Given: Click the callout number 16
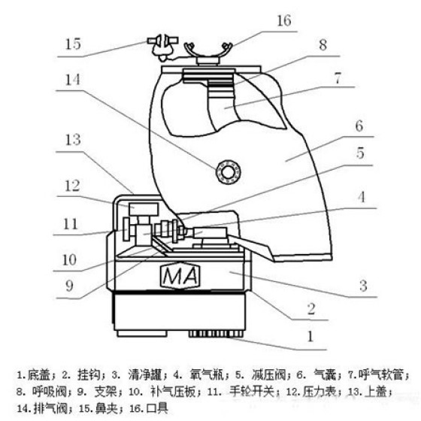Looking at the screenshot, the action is click(x=284, y=21).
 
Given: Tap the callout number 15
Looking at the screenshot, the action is click(x=73, y=44).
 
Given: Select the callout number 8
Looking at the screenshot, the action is click(x=323, y=45).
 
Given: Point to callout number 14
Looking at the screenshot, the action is click(x=73, y=80).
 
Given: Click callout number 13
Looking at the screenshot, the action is click(x=73, y=140).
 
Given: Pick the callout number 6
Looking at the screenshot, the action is click(x=359, y=126).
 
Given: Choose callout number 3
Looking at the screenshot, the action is click(x=363, y=286).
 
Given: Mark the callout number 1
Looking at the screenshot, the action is click(x=310, y=336).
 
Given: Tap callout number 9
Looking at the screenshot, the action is click(x=69, y=286).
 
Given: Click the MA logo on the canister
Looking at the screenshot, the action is click(x=180, y=276).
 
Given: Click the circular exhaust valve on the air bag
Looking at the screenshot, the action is click(x=229, y=172).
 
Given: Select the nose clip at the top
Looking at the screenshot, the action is click(x=162, y=47).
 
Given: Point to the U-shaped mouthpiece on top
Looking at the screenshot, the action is click(x=207, y=53).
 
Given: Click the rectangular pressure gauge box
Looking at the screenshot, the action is click(x=144, y=210).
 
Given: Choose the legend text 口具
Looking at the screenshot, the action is click(x=157, y=408).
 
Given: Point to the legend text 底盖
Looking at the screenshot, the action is click(x=38, y=374).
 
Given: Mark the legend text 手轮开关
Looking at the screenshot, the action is click(x=252, y=392).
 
